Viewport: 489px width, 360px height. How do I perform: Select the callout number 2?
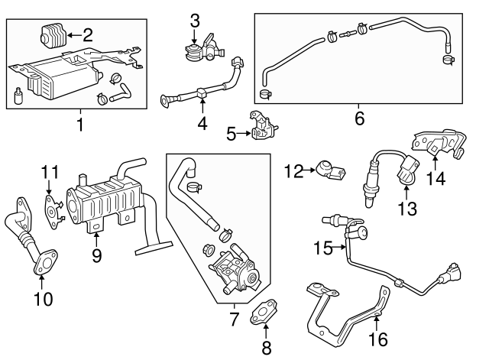point(88,34)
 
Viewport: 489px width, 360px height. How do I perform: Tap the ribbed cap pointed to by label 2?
point(50,36)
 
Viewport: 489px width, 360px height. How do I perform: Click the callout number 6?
point(359,118)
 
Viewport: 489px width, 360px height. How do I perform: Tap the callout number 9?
point(97,255)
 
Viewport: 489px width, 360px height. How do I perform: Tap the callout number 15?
point(323,247)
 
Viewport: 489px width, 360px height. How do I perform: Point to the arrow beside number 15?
point(341,247)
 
